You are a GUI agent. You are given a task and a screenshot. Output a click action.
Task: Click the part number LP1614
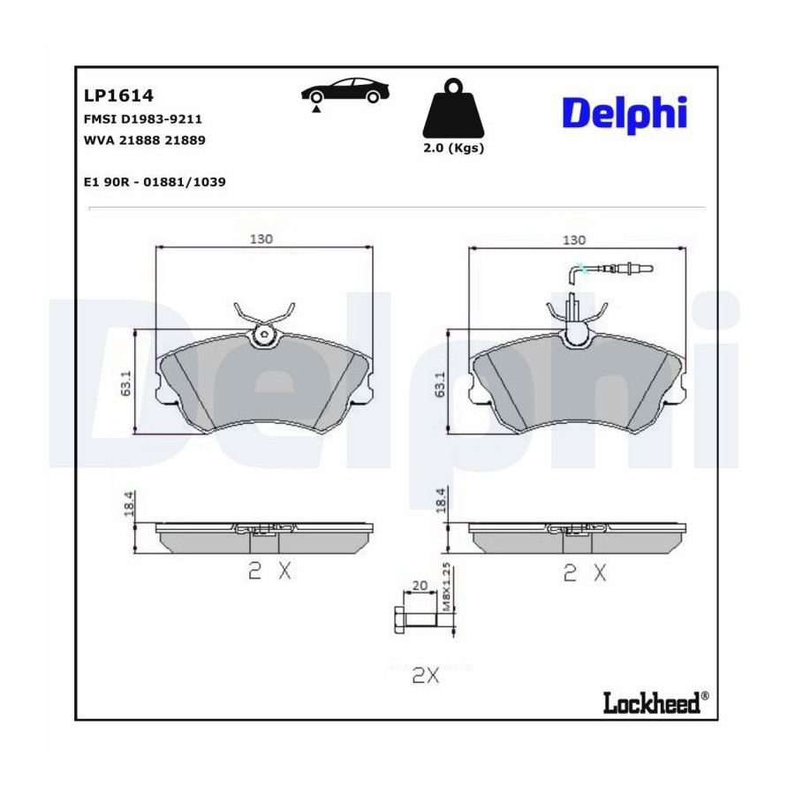(x=118, y=95)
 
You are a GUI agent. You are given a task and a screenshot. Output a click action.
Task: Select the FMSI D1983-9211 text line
(x=142, y=119)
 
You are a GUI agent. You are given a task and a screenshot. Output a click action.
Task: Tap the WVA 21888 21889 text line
(x=145, y=140)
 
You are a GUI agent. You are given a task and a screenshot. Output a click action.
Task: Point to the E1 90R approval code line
(x=155, y=182)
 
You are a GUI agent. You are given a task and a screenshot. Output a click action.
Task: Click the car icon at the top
(x=345, y=91)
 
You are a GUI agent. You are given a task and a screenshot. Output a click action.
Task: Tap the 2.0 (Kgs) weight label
(x=453, y=148)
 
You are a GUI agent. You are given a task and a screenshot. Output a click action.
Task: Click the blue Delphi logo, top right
(x=625, y=115)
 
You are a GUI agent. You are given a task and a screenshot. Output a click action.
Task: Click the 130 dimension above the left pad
(x=261, y=238)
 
